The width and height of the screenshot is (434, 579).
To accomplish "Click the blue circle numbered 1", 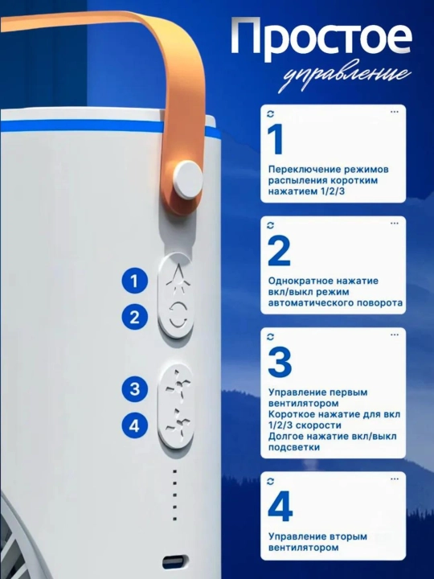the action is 134,281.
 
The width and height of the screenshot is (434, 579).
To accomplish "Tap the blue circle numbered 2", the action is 134,317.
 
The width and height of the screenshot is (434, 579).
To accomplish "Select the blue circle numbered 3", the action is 135,389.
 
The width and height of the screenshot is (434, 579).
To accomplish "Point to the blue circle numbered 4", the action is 135,425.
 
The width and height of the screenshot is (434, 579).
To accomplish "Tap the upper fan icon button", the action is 178,386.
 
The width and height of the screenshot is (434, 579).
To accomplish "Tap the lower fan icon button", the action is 178,423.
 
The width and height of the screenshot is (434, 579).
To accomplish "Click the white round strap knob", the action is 188,178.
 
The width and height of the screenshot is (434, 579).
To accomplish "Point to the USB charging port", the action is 174,563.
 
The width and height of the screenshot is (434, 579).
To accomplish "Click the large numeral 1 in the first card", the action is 276,140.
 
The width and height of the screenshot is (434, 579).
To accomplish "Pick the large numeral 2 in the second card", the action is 279,251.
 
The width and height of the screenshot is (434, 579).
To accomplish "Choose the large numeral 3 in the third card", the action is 280,363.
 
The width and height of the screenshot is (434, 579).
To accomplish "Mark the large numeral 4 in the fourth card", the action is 280,507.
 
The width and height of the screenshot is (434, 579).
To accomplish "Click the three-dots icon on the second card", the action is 394,223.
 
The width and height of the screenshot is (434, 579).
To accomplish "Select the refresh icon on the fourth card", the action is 271,481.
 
